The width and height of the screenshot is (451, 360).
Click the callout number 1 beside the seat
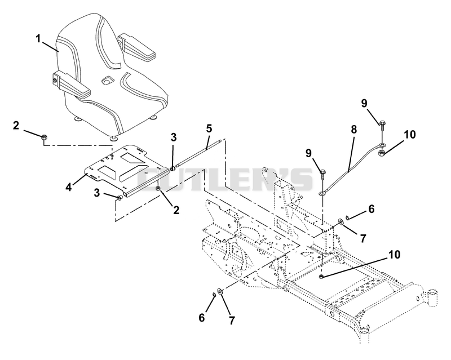pyautogui.click(x=38, y=38)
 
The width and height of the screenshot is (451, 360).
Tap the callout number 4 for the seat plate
pyautogui.click(x=68, y=186)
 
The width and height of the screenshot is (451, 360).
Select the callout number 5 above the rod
pyautogui.click(x=209, y=128)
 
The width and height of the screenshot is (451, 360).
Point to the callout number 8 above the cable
pyautogui.click(x=354, y=130)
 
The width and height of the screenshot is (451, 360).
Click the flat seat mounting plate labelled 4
pyautogui.click(x=126, y=170)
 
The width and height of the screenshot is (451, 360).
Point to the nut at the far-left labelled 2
pyautogui.click(x=45, y=137)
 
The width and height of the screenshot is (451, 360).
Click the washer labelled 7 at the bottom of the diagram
pyautogui.click(x=220, y=292)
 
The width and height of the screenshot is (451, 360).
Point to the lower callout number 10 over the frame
pyautogui.click(x=394, y=255)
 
